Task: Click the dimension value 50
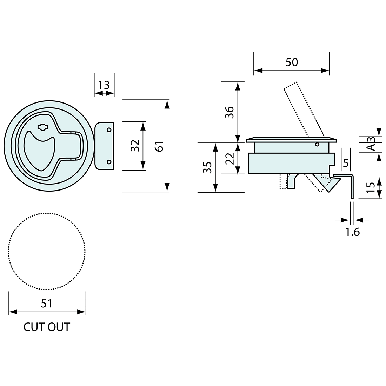coord(292,62)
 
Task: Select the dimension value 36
coord(229,112)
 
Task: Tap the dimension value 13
coord(104,85)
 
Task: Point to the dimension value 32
coord(135,146)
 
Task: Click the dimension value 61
coord(159,146)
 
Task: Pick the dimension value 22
coord(229,159)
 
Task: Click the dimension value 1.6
coord(352,232)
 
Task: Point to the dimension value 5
coord(345,163)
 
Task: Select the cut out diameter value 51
coord(47,303)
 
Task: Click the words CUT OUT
coord(47,327)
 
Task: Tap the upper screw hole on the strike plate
coord(109,130)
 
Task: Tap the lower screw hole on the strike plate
coord(109,162)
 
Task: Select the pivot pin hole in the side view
coord(317,144)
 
